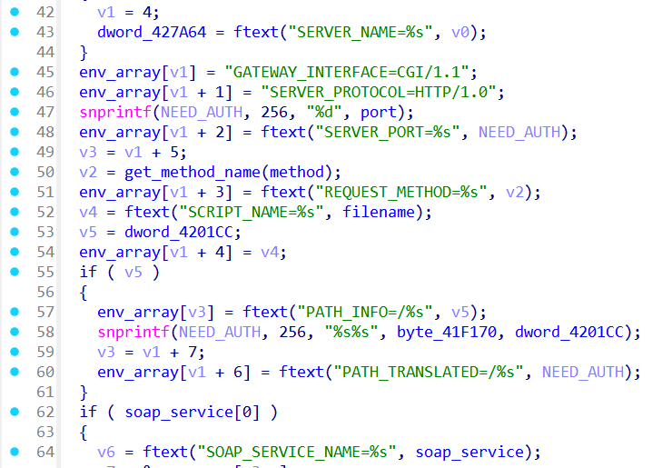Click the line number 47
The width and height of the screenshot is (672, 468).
point(45,113)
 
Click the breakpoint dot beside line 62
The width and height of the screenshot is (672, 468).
point(15,412)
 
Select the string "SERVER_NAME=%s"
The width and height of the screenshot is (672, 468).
point(360,32)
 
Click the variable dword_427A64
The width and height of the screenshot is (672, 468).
point(152,32)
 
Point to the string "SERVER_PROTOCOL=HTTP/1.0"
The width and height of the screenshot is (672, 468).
point(379,92)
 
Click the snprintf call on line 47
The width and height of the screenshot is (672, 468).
point(115,113)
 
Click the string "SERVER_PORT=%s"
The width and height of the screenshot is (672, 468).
point(388,132)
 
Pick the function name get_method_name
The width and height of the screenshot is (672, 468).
point(193,173)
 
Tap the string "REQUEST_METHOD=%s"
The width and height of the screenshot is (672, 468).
point(401,192)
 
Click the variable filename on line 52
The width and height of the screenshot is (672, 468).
point(379,212)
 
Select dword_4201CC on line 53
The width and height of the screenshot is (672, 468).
point(179,232)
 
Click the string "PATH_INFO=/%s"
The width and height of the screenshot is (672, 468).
point(365,312)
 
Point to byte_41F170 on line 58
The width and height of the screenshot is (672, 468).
point(447,332)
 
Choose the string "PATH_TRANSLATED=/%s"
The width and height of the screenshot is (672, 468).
point(428,372)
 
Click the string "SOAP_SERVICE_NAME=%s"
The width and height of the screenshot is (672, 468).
point(297,453)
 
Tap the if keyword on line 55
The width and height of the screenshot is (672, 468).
point(88,272)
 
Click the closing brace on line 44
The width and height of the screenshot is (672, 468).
point(84,53)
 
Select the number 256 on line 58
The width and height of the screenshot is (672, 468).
point(292,332)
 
